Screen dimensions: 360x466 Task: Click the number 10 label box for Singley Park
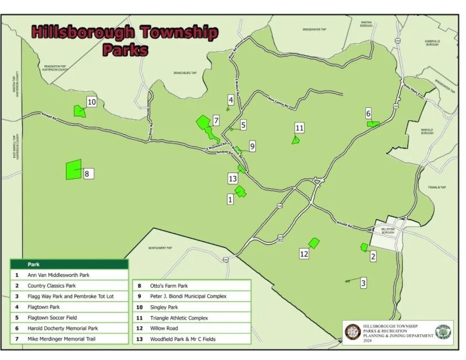pyautogui.click(x=92, y=102)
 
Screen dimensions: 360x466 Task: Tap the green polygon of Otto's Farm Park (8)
pyautogui.click(x=74, y=170)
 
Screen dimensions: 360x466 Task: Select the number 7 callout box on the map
pyautogui.click(x=216, y=120)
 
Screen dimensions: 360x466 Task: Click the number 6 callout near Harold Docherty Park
pyautogui.click(x=368, y=113)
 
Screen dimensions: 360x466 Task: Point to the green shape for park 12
pyautogui.click(x=314, y=243)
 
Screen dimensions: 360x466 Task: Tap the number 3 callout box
pyautogui.click(x=363, y=283)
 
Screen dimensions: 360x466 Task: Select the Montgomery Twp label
pyautogui.click(x=160, y=248)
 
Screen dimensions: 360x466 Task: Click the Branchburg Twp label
pyautogui.click(x=185, y=73)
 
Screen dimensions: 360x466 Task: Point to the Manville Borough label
pyautogui.click(x=427, y=131)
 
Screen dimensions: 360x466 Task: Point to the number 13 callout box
pyautogui.click(x=233, y=179)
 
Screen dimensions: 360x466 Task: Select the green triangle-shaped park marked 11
pyautogui.click(x=296, y=140)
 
